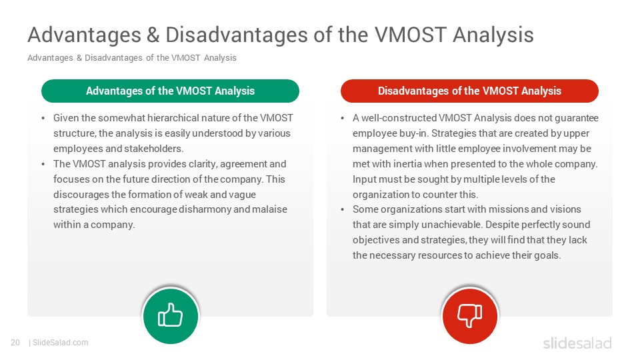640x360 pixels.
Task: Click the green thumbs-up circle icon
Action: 171,316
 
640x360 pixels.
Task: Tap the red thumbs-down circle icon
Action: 470,316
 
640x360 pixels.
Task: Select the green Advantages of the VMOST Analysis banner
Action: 170,91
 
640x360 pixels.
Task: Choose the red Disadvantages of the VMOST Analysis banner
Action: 469,91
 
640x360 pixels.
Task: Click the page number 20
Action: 15,343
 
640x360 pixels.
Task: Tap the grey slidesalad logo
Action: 577,343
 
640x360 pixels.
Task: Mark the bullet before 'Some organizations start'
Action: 343,210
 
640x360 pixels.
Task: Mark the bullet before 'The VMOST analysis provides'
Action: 43,164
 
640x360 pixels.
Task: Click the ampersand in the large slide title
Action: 153,35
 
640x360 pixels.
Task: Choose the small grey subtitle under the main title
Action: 132,57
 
